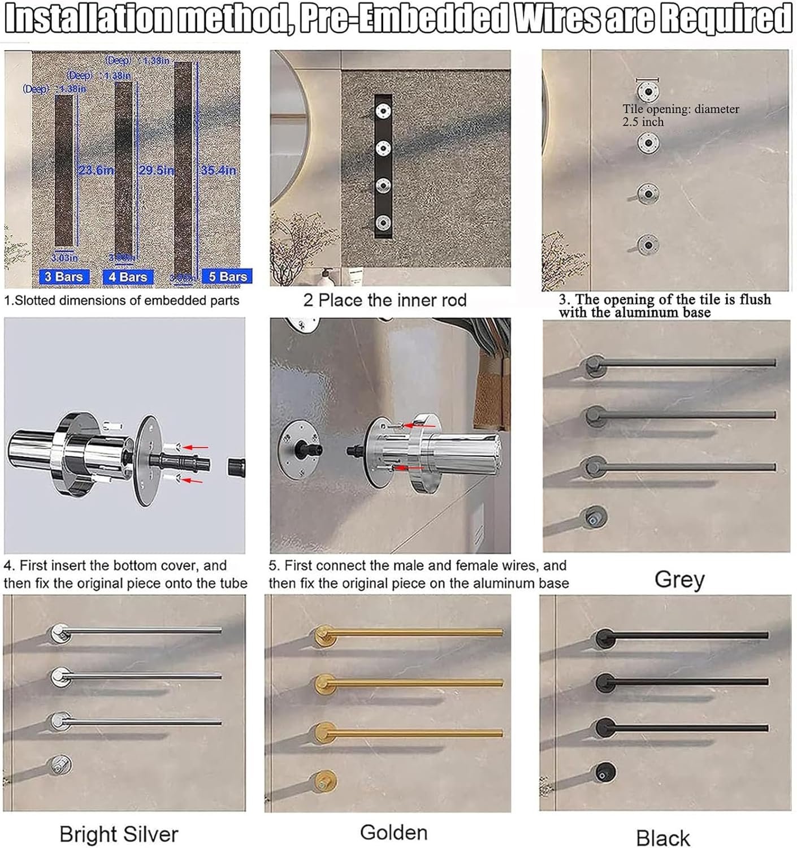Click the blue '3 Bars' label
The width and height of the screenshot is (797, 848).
pos(64,276)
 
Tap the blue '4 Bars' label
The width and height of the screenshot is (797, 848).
pos(128,277)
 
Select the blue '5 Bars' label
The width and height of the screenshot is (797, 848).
pos(227,276)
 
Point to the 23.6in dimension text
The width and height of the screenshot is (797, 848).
pos(97,170)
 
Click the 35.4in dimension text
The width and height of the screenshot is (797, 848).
pos(219,170)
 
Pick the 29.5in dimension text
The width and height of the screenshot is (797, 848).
pos(157,170)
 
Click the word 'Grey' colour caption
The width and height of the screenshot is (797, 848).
pos(679,579)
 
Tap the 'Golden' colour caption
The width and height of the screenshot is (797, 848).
pos(393,832)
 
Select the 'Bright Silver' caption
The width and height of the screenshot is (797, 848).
pos(119,834)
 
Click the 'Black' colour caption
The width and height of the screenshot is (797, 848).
pos(663,837)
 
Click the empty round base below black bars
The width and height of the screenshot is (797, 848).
pos(605,772)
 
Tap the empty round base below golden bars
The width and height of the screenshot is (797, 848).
pos(326,781)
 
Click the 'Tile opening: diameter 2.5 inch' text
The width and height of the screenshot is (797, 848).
pos(681,115)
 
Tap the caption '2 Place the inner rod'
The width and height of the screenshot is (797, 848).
pos(384,300)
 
